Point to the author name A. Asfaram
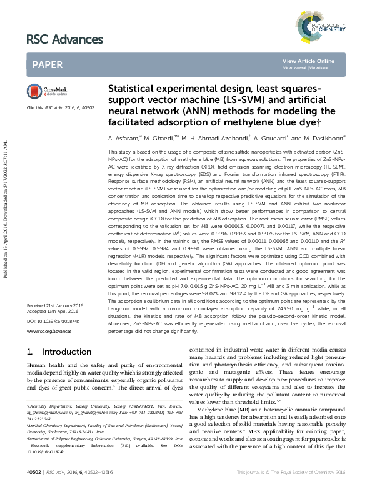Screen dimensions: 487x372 pyautogui.click(x=123, y=137)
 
